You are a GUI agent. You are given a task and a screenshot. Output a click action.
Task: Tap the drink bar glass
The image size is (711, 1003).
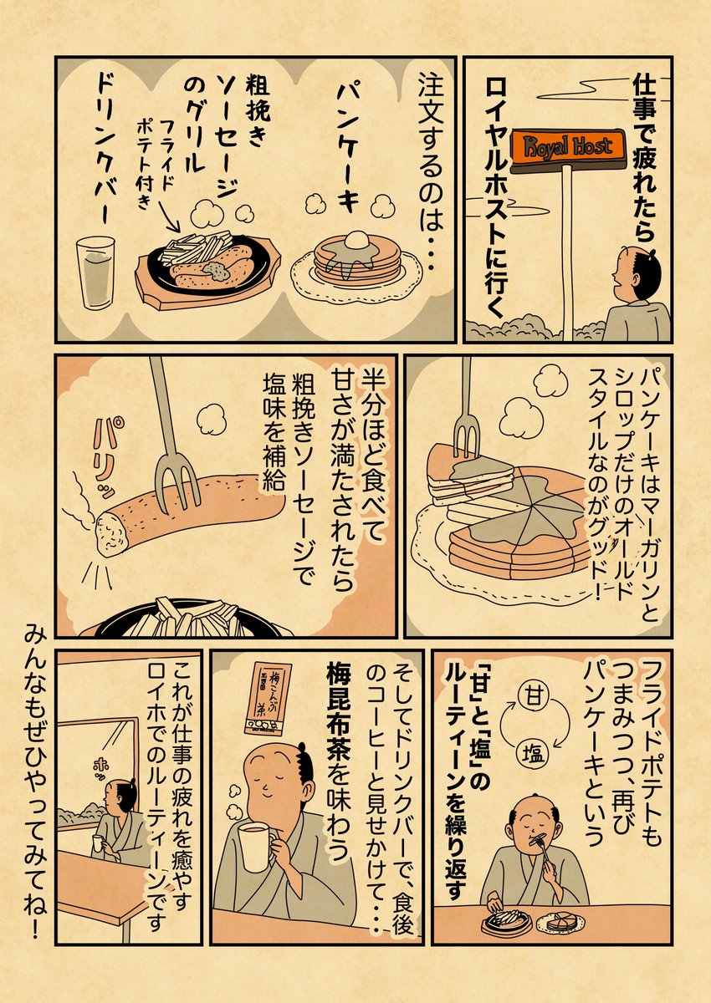click(x=95, y=272)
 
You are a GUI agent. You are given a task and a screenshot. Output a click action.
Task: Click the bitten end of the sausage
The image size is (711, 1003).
click(x=111, y=531)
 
